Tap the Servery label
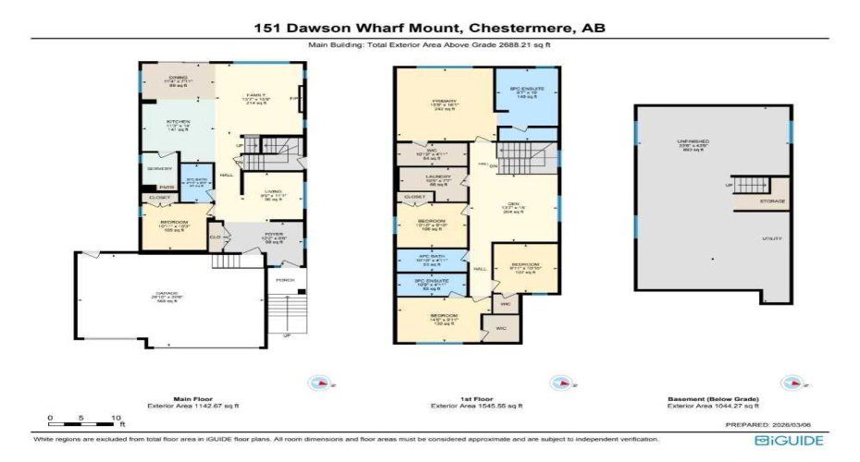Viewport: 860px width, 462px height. [x=158, y=169]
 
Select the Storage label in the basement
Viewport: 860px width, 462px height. [x=772, y=201]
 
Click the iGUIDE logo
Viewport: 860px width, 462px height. [x=788, y=441]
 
